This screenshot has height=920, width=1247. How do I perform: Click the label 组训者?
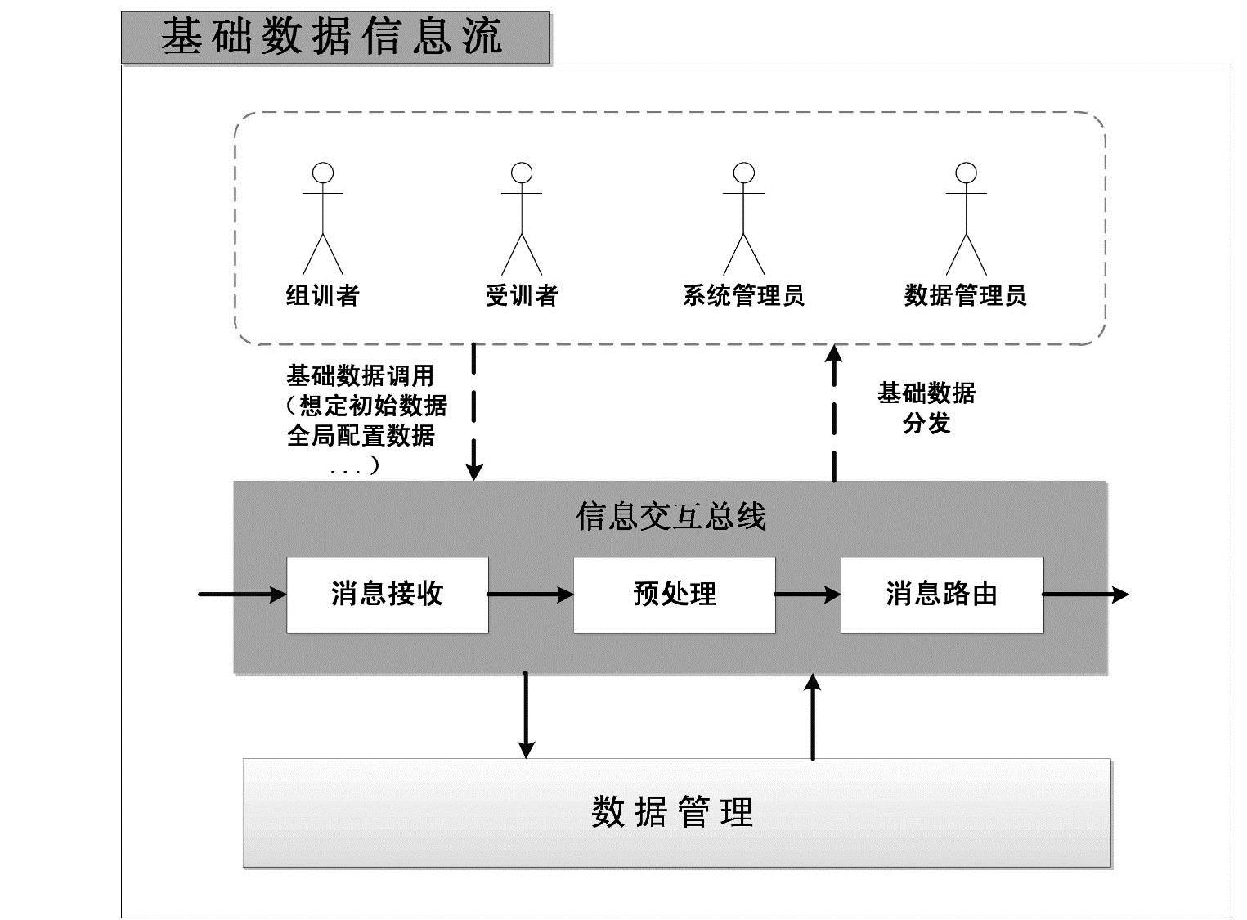(323, 295)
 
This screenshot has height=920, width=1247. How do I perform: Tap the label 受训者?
(522, 295)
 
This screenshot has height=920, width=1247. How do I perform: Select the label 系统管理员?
(743, 295)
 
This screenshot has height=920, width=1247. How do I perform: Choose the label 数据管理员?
(965, 295)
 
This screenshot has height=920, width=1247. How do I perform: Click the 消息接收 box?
(388, 595)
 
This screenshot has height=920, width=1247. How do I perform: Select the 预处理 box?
(675, 595)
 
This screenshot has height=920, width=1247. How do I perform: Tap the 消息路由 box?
(942, 595)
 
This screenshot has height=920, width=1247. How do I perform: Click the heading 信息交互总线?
(671, 517)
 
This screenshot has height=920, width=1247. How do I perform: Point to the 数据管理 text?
(672, 812)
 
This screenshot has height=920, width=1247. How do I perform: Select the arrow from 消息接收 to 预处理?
(531, 595)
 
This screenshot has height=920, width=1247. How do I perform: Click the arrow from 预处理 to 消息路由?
(808, 595)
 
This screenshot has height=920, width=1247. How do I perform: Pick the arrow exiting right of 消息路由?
(1085, 595)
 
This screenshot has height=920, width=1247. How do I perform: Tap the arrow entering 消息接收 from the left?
(242, 595)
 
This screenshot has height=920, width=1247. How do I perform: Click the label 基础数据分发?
(926, 408)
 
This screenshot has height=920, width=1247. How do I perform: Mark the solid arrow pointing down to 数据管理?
(526, 715)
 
